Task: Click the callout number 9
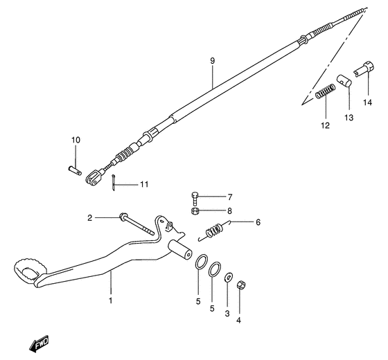(x=213, y=60)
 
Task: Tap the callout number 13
(x=349, y=118)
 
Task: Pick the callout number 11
(x=143, y=184)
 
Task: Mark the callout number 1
(x=109, y=301)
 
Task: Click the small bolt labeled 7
(x=195, y=196)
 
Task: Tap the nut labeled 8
(x=195, y=210)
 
